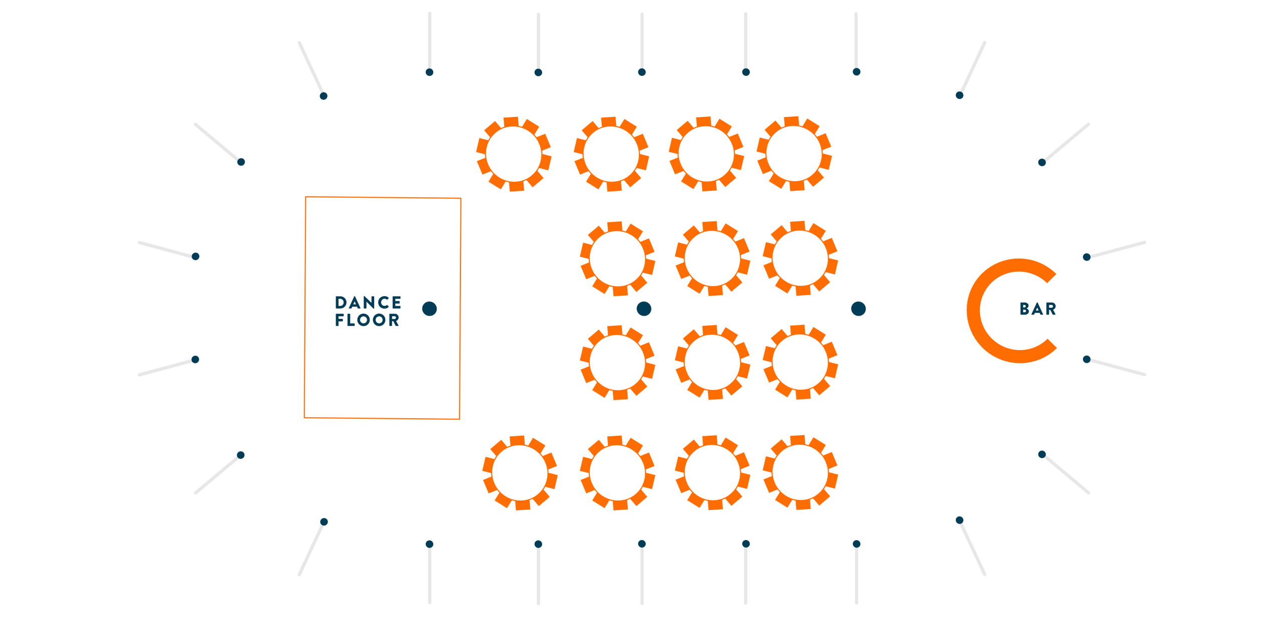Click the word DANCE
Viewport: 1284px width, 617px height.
[x=368, y=303]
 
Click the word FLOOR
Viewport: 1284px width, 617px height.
[x=367, y=320]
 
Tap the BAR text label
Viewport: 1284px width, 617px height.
[x=1038, y=309]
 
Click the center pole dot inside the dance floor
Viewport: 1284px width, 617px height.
[x=429, y=309]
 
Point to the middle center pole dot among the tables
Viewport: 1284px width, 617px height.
[x=644, y=309]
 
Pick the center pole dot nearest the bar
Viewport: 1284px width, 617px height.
[x=858, y=309]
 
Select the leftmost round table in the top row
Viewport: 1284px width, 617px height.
[x=514, y=154]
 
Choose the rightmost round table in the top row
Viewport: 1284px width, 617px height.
[x=794, y=154]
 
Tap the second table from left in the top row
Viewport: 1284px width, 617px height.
[x=611, y=154]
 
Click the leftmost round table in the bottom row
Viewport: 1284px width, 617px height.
[x=520, y=473]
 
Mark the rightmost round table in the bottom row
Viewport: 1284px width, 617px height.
[x=800, y=472]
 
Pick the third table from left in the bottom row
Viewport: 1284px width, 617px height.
[x=712, y=473]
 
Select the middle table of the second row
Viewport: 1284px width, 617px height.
[x=712, y=259]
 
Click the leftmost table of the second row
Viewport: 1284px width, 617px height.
[x=617, y=259]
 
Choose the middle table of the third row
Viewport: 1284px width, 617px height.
[x=712, y=362]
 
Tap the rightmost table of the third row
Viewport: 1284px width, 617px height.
[x=800, y=362]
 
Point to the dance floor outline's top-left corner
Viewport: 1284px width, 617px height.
[x=306, y=197]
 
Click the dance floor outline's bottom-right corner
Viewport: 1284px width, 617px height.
[x=459, y=419]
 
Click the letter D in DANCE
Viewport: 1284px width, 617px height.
[x=341, y=303]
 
